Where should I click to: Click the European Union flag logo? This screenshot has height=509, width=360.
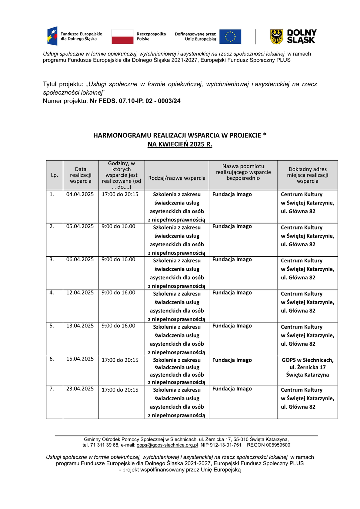click(x=230, y=37)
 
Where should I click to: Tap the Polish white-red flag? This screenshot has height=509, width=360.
click(x=122, y=37)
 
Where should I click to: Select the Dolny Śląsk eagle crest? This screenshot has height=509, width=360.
click(x=276, y=37)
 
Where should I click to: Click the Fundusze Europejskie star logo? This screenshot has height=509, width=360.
click(x=52, y=36)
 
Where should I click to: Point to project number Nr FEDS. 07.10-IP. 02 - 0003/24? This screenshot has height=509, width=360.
click(x=135, y=101)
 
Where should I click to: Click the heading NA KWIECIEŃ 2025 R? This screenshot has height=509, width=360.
click(x=180, y=144)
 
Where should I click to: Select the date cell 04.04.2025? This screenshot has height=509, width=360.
click(x=80, y=195)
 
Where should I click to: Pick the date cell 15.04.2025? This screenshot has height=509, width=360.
click(x=80, y=359)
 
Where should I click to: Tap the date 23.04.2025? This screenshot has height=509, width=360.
click(x=80, y=389)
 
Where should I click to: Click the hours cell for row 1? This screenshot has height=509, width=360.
click(x=120, y=195)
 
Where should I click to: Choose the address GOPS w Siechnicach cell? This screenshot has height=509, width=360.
click(x=308, y=367)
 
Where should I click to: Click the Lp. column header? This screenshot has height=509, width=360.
click(x=55, y=175)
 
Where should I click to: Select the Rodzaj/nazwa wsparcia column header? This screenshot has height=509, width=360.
click(x=177, y=178)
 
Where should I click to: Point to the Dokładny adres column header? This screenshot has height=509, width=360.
click(x=308, y=175)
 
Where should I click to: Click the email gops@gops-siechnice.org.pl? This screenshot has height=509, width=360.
click(x=167, y=445)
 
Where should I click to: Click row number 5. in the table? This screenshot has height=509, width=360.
click(x=52, y=326)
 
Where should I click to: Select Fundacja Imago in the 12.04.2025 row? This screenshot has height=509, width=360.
click(x=232, y=293)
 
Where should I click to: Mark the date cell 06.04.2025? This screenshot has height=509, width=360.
click(x=80, y=260)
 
